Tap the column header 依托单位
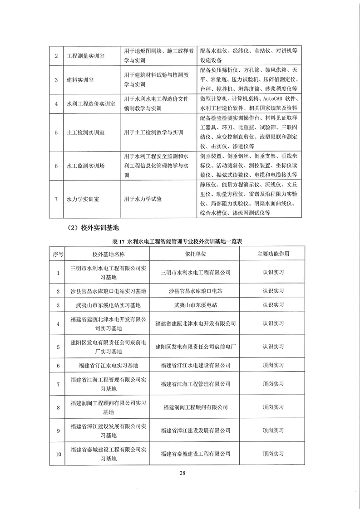pyautogui.click(x=196, y=254)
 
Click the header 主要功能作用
pyautogui.click(x=273, y=254)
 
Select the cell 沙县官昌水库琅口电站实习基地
pyautogui.click(x=109, y=290)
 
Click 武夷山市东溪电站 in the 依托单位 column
pyautogui.click(x=196, y=305)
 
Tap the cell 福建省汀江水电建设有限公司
pyautogui.click(x=196, y=365)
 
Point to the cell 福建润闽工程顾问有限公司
pyautogui.click(x=196, y=407)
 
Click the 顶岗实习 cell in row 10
pyautogui.click(x=273, y=453)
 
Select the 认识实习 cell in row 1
pyautogui.click(x=273, y=272)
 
